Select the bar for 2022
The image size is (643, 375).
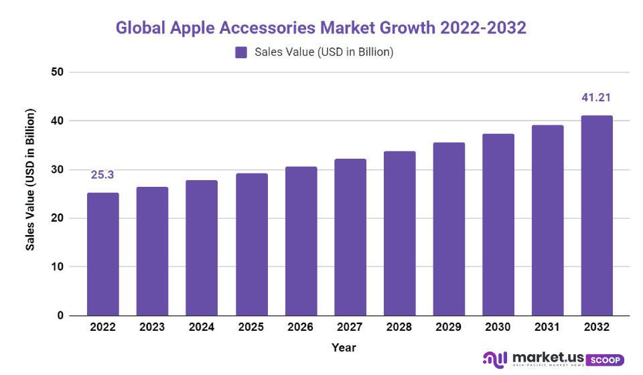click(x=103, y=254)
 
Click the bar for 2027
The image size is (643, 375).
click(x=350, y=237)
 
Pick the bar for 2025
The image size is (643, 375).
click(x=251, y=244)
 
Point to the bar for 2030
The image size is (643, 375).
click(x=498, y=224)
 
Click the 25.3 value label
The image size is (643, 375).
click(x=102, y=175)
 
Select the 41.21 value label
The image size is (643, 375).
click(x=596, y=98)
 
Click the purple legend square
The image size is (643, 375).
click(x=241, y=52)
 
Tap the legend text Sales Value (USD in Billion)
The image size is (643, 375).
click(x=324, y=52)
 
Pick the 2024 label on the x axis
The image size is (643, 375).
click(x=202, y=327)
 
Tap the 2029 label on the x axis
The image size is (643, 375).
click(x=448, y=327)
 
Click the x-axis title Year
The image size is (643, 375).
click(x=344, y=348)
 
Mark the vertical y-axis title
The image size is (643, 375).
click(x=31, y=181)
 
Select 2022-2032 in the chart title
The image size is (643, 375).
click(x=483, y=28)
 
